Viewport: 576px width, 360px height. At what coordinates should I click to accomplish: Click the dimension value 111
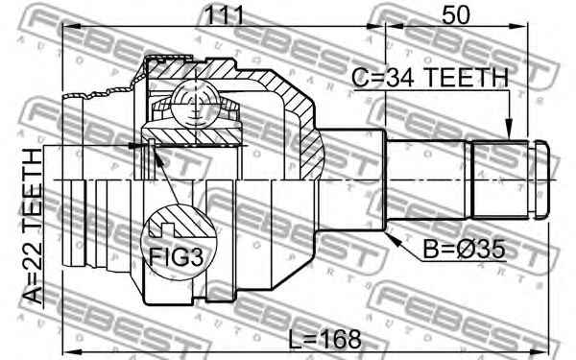tap(224, 15)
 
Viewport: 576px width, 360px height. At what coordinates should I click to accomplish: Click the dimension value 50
tap(455, 15)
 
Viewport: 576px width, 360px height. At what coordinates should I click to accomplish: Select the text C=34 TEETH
tap(430, 78)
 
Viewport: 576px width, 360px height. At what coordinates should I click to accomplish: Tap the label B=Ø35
tap(464, 250)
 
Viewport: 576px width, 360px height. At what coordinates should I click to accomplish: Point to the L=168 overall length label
tap(324, 340)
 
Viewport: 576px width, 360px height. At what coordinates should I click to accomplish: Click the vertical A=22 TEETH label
tap(33, 226)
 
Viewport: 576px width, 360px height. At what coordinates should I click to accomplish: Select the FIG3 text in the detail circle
tap(176, 256)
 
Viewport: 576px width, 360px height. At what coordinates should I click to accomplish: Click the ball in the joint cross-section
tap(196, 104)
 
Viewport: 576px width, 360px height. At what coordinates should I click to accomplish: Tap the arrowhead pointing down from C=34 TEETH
tap(509, 128)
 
